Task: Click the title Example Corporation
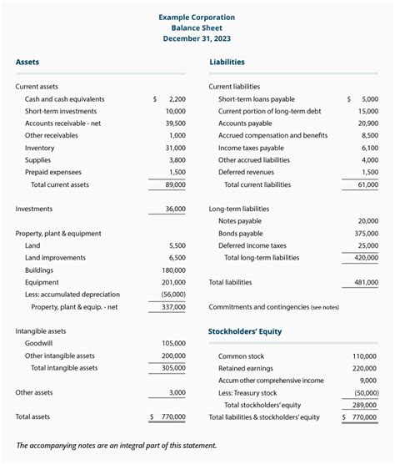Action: [x=197, y=18]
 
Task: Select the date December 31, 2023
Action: [x=197, y=38]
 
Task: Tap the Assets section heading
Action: [x=27, y=62]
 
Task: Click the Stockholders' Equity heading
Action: [x=245, y=331]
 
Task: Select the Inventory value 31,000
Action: [x=175, y=148]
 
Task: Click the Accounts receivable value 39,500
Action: [x=175, y=123]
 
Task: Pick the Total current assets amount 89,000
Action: [x=175, y=184]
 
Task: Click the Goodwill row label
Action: [x=40, y=343]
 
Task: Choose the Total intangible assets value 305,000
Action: [x=173, y=368]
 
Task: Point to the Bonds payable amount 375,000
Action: [x=364, y=234]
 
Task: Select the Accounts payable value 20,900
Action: [x=367, y=123]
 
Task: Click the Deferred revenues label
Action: [x=252, y=172]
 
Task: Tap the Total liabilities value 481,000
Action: [x=364, y=282]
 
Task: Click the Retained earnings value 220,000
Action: [x=364, y=368]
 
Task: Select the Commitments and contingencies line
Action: [x=273, y=307]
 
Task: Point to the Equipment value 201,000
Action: [x=173, y=282]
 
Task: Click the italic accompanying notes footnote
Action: [x=117, y=445]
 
